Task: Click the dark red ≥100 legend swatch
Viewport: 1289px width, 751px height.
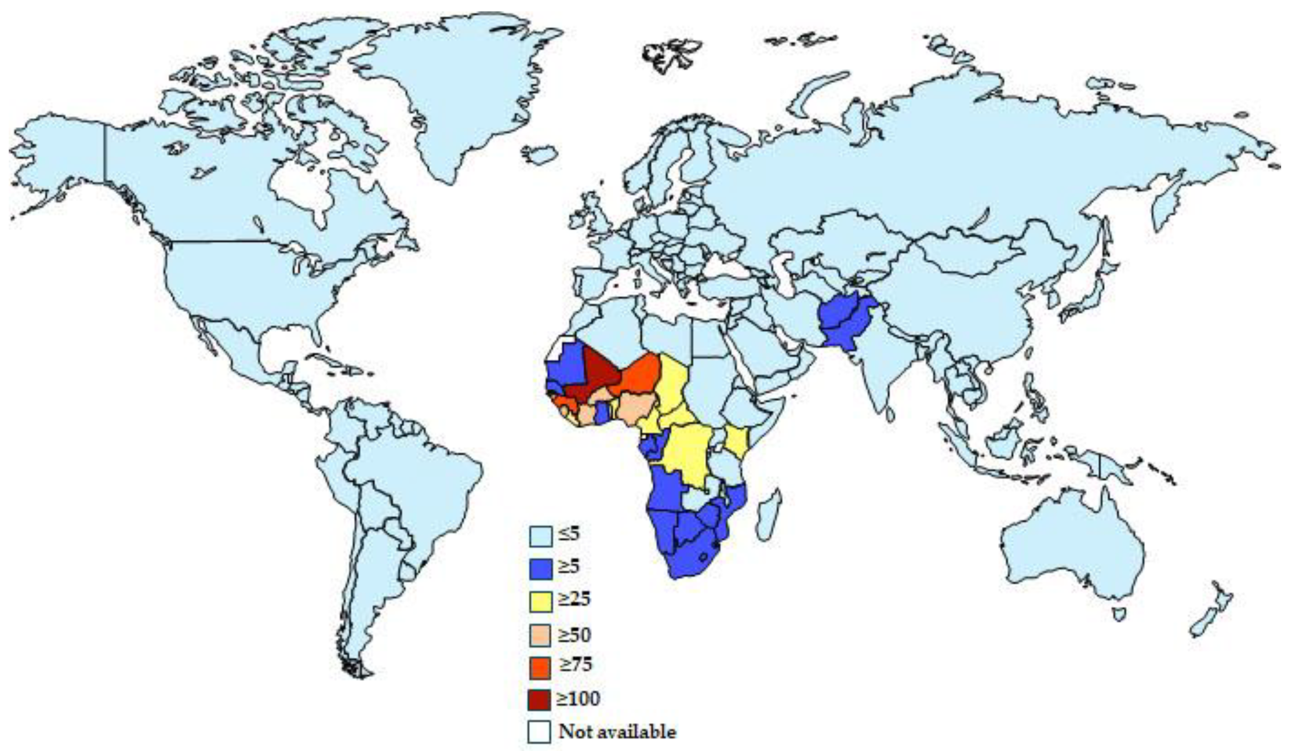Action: tap(540, 700)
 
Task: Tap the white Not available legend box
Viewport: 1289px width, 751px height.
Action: tap(540, 732)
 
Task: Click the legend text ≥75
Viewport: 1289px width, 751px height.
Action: tap(575, 664)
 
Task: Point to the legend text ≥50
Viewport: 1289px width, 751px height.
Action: tap(575, 635)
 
